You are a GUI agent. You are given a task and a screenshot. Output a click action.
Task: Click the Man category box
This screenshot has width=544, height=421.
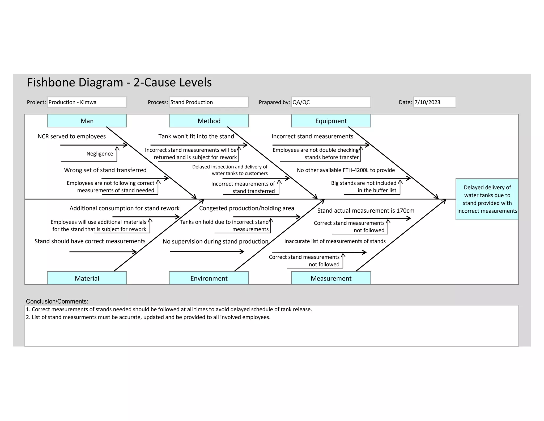pyautogui.click(x=87, y=121)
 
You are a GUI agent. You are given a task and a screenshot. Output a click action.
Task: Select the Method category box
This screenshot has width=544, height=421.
pyautogui.click(x=209, y=121)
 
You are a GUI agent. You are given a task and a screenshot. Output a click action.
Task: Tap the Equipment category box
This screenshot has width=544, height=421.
pyautogui.click(x=331, y=121)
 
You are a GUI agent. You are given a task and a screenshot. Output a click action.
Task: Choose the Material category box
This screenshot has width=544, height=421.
pyautogui.click(x=87, y=278)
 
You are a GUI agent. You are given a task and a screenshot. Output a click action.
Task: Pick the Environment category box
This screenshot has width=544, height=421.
pyautogui.click(x=209, y=278)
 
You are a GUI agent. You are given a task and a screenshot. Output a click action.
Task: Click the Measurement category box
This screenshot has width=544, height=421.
pyautogui.click(x=331, y=278)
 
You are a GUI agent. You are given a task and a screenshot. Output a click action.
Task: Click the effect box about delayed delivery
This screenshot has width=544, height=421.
pyautogui.click(x=487, y=199)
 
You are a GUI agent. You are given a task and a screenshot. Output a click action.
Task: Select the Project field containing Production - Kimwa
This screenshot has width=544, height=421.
pyautogui.click(x=87, y=102)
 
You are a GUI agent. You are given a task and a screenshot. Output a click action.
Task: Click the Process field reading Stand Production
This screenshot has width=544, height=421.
pyautogui.click(x=209, y=102)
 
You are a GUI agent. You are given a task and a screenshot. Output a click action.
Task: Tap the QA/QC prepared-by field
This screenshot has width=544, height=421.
pyautogui.click(x=331, y=102)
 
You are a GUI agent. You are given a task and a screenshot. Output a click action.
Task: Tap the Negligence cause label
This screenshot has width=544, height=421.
pyautogui.click(x=100, y=154)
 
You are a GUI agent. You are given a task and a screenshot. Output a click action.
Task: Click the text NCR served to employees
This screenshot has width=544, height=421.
pyautogui.click(x=71, y=137)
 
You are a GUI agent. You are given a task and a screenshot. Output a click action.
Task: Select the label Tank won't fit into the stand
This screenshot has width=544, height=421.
pyautogui.click(x=196, y=137)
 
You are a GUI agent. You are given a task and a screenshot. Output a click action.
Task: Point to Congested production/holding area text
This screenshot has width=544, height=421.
pyautogui.click(x=246, y=208)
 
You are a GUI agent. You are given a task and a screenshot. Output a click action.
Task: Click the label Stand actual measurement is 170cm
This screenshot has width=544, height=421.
pyautogui.click(x=365, y=211)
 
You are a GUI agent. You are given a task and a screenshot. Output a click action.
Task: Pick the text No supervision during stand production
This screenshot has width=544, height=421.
pyautogui.click(x=215, y=241)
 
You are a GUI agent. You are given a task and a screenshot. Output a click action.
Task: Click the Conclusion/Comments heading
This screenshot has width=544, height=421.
pyautogui.click(x=57, y=302)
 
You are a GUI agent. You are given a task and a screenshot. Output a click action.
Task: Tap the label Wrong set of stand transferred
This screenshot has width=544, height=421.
pyautogui.click(x=105, y=170)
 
